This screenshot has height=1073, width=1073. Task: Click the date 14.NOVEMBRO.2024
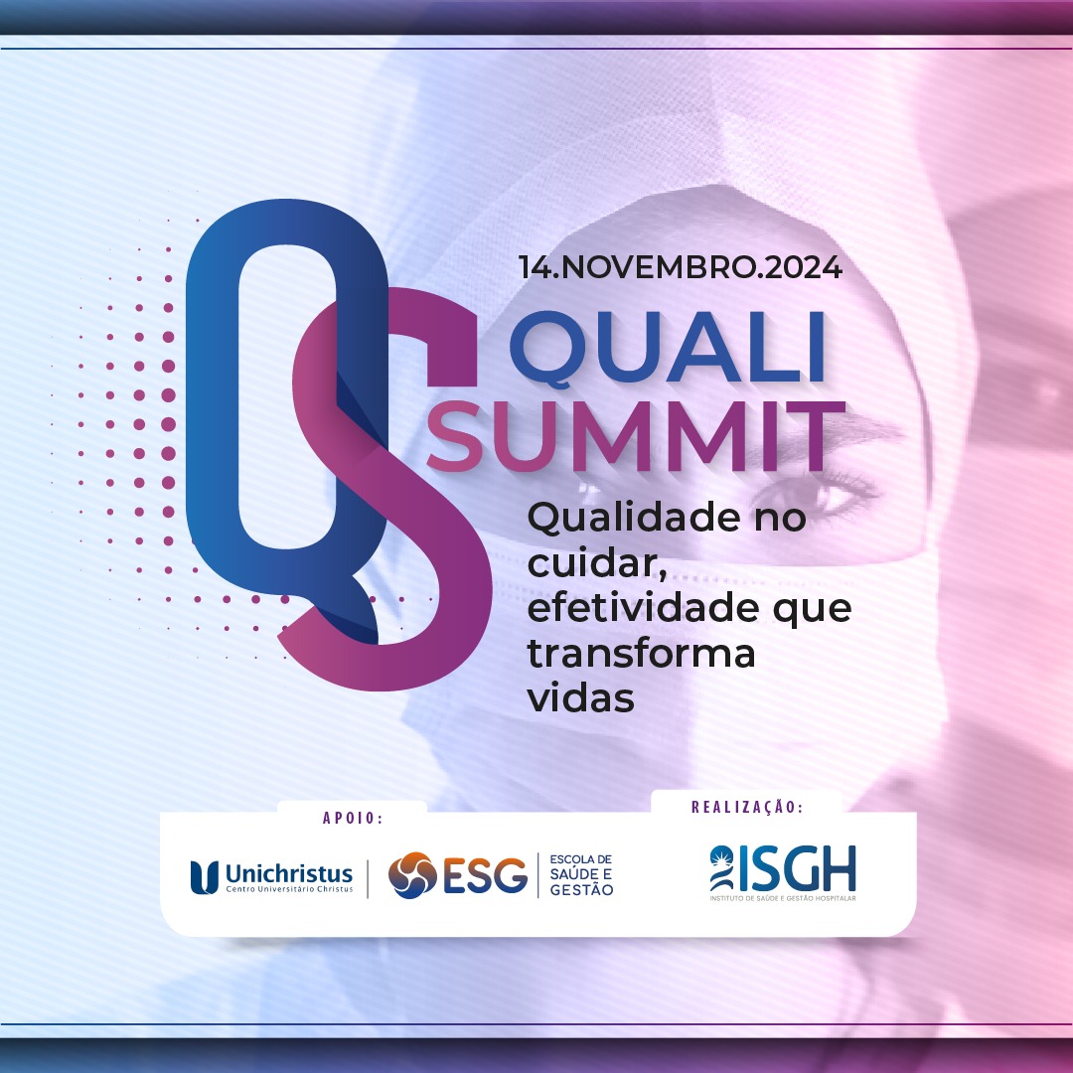681,267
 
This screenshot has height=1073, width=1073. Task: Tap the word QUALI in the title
668,349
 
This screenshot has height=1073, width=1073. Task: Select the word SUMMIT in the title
637,436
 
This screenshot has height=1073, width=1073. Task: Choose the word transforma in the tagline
641,654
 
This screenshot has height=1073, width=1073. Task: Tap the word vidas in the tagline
580,698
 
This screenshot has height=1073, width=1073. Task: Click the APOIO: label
353,818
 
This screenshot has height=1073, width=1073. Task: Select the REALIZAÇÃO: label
747,807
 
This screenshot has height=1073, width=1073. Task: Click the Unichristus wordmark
289,875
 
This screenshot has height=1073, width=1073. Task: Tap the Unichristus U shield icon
204,877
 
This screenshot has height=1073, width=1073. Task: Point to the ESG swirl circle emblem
412,875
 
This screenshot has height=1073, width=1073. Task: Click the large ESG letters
486,876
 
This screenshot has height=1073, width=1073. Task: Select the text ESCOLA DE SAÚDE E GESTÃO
581,875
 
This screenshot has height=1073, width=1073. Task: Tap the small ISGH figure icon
721,868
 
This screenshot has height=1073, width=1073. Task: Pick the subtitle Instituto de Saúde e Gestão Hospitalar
783,898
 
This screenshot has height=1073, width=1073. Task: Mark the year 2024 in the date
804,267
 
